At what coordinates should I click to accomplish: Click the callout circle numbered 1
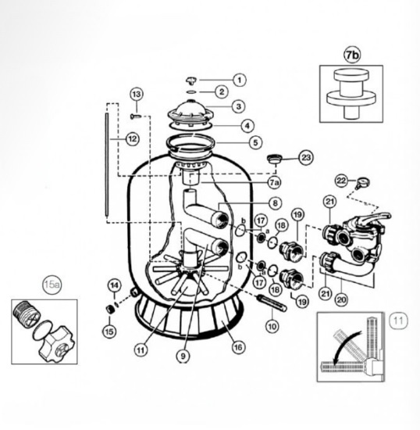(240, 80)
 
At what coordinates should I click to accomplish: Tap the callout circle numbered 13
(137, 94)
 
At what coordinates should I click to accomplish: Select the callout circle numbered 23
(306, 157)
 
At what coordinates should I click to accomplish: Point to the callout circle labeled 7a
(274, 182)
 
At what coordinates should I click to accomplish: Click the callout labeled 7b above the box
(352, 56)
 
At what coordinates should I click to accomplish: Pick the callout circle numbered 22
(341, 181)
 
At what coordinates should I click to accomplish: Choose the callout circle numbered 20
(341, 299)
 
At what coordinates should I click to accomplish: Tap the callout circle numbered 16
(238, 347)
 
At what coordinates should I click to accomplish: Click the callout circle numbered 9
(183, 356)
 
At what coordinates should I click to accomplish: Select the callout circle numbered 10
(272, 326)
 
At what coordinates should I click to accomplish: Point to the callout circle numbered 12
(133, 139)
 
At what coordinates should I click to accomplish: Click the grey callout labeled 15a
(52, 285)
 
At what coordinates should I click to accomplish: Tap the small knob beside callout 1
(191, 80)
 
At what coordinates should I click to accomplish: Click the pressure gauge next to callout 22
(363, 182)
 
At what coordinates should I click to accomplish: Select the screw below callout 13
(136, 116)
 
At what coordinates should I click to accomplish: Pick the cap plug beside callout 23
(275, 159)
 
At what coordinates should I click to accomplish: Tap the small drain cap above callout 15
(110, 309)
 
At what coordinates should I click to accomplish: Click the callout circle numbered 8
(275, 203)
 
